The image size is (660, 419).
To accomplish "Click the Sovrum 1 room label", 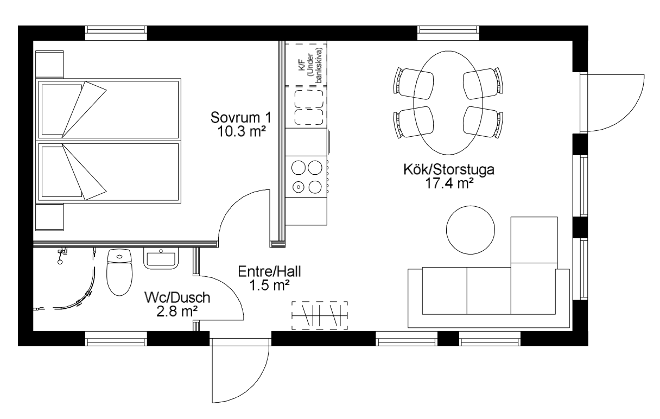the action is [241, 118].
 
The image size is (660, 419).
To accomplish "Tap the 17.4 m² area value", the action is [449, 183].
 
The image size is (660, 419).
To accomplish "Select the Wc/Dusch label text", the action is [177, 297].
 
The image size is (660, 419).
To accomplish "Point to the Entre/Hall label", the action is [269, 271].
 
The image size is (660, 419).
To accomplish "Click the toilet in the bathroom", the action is [119, 272].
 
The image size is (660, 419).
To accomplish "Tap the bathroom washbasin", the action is [161, 258].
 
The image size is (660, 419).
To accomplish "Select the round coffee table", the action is [470, 230].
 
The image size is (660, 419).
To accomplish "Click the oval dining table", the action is [448, 103].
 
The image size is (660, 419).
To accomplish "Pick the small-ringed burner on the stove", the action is [299, 187].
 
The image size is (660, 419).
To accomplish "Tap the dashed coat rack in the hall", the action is [320, 315].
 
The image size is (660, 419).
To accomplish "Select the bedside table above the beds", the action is [49, 64].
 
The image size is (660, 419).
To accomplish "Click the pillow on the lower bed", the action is [62, 172].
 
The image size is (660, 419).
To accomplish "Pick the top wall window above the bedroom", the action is [116, 33].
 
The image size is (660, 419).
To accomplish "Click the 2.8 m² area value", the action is [177, 311].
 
